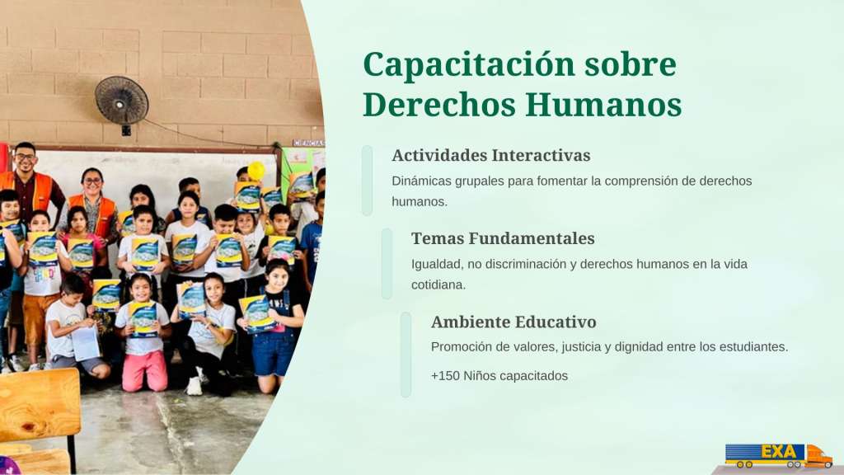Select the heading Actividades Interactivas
coord(491,155)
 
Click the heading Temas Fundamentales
coord(503,238)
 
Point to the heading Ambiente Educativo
coord(513,322)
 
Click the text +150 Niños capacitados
coord(499,375)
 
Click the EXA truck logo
coord(778,455)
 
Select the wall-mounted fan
coord(122,102)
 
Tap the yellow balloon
coord(256,171)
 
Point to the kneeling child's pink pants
coord(145,370)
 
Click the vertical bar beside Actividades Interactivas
coord(367,181)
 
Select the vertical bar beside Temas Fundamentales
coord(387,263)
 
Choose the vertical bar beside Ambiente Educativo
coord(406,355)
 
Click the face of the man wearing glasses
coord(25,159)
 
